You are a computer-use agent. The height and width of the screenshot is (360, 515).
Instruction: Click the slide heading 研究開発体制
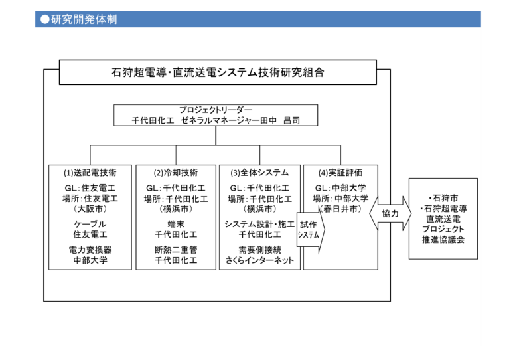[x=84, y=19]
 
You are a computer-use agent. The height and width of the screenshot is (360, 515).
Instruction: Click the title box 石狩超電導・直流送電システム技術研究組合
[x=218, y=72]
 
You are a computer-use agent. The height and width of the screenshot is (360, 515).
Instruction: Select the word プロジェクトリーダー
[x=216, y=110]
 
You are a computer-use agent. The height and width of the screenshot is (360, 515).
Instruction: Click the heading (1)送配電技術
[x=90, y=173]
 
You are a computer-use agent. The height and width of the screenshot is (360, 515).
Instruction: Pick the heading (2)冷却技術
[x=176, y=173]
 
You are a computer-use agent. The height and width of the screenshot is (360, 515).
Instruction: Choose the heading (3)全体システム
[x=259, y=173]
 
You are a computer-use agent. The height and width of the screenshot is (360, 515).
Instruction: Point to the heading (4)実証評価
[x=340, y=173]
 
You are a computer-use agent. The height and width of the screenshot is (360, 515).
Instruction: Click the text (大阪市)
[x=90, y=209]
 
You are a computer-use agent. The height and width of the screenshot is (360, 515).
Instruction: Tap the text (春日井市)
[x=340, y=209]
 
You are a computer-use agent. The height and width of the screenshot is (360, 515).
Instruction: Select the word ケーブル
[x=90, y=225]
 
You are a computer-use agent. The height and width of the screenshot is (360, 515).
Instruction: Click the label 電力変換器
[x=90, y=250]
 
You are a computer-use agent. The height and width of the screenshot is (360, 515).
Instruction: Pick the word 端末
[x=176, y=225]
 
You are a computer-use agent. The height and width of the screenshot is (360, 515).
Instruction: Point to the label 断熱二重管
[x=176, y=250]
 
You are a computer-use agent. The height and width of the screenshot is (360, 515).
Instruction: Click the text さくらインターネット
[x=259, y=260]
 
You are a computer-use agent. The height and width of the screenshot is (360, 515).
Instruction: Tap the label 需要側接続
[x=259, y=250]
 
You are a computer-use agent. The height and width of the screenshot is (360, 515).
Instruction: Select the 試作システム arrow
[x=311, y=229]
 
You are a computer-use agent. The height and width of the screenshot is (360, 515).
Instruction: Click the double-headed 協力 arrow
[x=390, y=214]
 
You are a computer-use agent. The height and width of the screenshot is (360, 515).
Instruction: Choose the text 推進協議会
[x=443, y=240]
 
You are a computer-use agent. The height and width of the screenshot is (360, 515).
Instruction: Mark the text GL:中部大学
[x=340, y=188]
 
